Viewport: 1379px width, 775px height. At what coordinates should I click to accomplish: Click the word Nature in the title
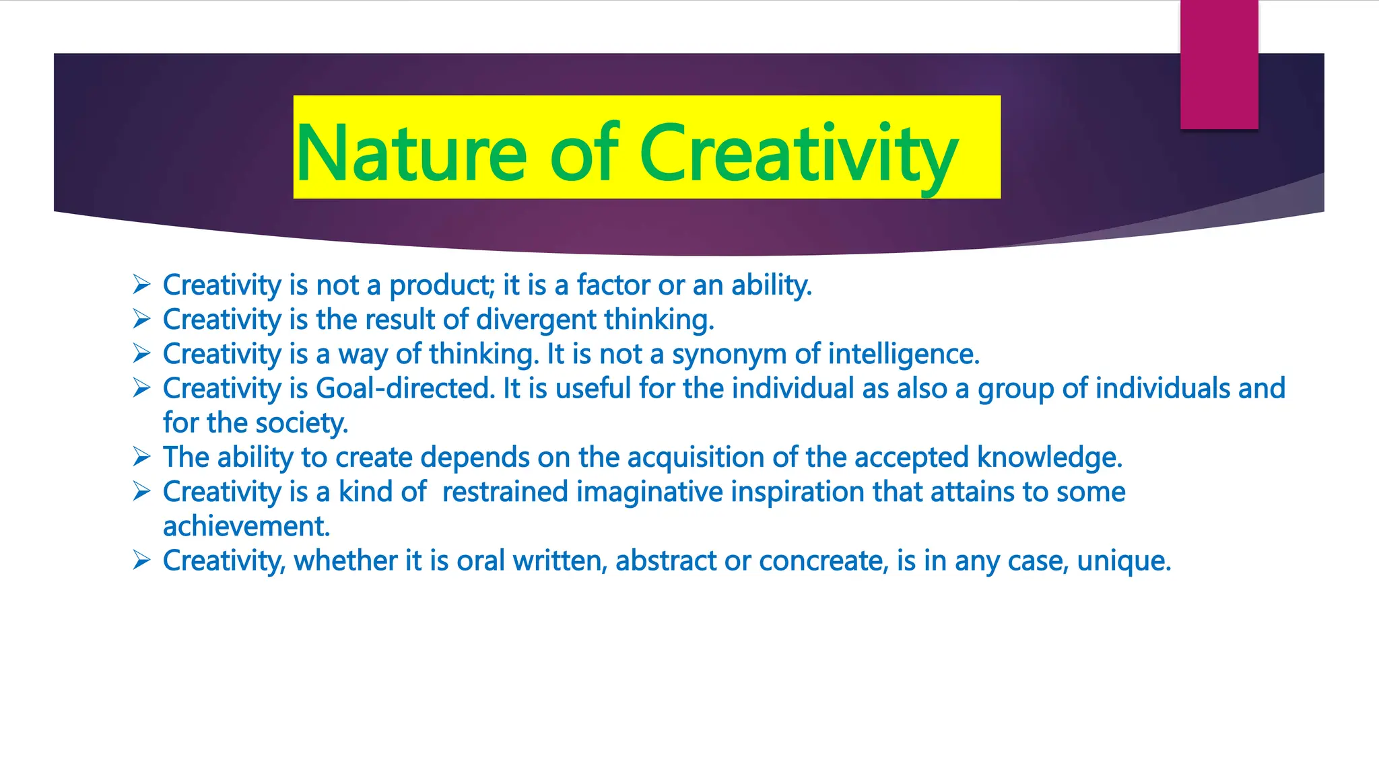click(x=411, y=153)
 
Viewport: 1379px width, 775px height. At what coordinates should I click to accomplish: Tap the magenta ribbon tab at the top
click(x=1219, y=65)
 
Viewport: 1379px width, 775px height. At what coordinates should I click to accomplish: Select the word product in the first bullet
click(x=441, y=286)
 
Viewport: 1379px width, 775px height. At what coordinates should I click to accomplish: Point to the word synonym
click(x=729, y=355)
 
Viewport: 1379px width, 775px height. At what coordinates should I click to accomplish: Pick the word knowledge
click(x=1049, y=457)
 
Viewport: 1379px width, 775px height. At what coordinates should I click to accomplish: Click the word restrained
click(x=505, y=492)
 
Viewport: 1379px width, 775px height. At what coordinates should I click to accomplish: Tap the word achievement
click(x=246, y=527)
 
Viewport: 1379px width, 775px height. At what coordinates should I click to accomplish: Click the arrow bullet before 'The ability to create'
click(x=141, y=457)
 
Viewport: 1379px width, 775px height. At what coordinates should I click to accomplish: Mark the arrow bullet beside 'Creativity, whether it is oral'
click(x=141, y=560)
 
